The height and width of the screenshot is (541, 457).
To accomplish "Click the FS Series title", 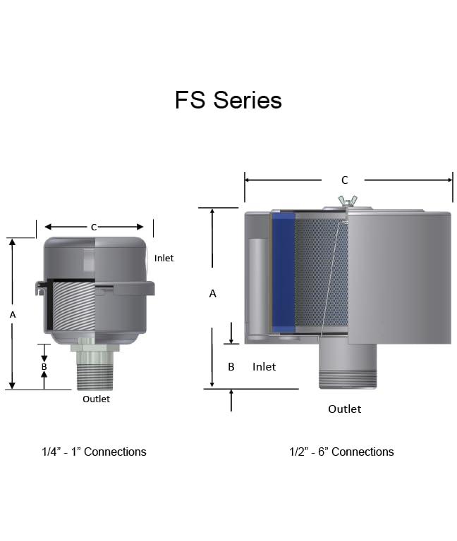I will [x=228, y=100].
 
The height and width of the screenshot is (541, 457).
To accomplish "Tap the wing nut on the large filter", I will [x=348, y=201].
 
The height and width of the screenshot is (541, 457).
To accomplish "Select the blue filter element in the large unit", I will [x=284, y=273].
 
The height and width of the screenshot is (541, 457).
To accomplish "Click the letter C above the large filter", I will [x=344, y=180].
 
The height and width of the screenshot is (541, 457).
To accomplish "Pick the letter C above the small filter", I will [x=93, y=227].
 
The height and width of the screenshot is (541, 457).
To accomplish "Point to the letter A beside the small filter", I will [x=12, y=316].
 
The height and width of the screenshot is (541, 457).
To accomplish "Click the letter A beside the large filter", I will [x=213, y=294].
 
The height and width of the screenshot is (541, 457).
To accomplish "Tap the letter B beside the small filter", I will [x=44, y=366].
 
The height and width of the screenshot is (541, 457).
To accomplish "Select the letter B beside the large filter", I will [x=231, y=366].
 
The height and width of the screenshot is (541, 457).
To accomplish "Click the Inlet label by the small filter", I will [x=164, y=258].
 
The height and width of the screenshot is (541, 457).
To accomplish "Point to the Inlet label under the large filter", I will [x=264, y=366].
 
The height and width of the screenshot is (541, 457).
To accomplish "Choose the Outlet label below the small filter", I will [x=96, y=399].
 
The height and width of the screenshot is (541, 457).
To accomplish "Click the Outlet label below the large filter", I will [x=344, y=409].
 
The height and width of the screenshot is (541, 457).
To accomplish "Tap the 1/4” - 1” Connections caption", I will [x=94, y=452].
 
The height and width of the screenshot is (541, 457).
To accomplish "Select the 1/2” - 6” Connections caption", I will [x=341, y=452].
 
